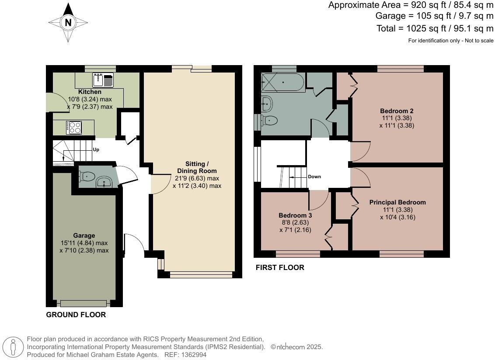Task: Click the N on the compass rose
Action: (68, 23)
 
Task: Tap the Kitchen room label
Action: (90, 92)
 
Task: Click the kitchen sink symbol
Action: (103, 80)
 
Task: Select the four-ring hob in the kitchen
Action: (74, 127)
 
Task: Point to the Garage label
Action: (84, 235)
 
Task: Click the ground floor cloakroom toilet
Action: (87, 176)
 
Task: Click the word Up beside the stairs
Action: (96, 149)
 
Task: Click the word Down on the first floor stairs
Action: (314, 177)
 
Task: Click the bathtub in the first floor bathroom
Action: (283, 82)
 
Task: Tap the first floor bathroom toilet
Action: (269, 120)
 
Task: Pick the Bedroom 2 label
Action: (397, 111)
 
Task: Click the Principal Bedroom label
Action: (397, 202)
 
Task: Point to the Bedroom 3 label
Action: (295, 215)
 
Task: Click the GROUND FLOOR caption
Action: (76, 315)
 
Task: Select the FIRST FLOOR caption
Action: (280, 267)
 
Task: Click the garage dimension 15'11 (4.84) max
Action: (84, 243)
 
